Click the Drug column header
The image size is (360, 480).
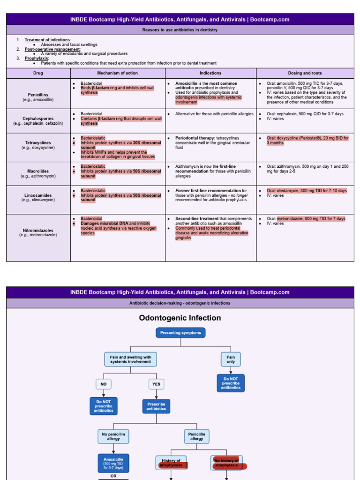[38, 73]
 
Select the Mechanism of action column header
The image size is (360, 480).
[118, 73]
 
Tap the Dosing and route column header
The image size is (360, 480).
[305, 73]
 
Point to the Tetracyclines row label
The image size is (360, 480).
[38, 145]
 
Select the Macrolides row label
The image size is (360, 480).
[38, 173]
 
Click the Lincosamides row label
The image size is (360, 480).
[38, 197]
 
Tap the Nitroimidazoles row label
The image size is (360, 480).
[38, 232]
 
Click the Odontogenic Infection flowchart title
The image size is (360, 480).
[180, 318]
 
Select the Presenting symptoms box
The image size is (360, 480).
[180, 333]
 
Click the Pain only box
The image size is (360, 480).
[231, 360]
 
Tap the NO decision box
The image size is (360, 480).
[104, 384]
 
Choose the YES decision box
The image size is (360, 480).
[156, 384]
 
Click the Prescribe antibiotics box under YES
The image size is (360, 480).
[156, 406]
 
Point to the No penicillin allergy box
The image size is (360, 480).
[113, 436]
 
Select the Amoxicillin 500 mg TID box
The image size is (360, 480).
[113, 463]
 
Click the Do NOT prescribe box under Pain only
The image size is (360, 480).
[231, 383]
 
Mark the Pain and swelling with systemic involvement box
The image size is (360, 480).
[130, 360]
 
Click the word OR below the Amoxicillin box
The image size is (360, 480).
[113, 476]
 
